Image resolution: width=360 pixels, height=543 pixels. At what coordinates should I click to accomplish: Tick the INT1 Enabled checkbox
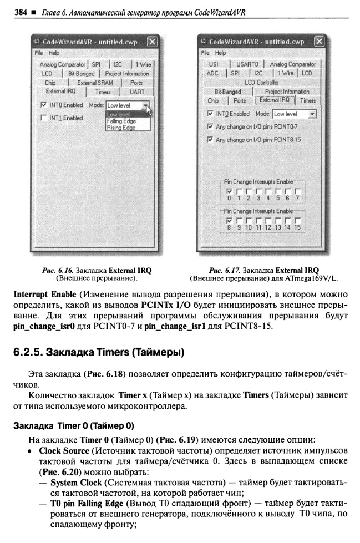tap(44, 118)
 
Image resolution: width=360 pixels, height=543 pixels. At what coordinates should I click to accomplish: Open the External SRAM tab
tap(95, 83)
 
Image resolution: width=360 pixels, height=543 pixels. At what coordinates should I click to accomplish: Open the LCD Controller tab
tap(262, 82)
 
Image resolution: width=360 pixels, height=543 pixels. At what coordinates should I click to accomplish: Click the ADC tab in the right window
tap(212, 73)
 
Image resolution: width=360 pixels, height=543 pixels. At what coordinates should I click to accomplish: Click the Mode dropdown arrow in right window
tap(312, 114)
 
